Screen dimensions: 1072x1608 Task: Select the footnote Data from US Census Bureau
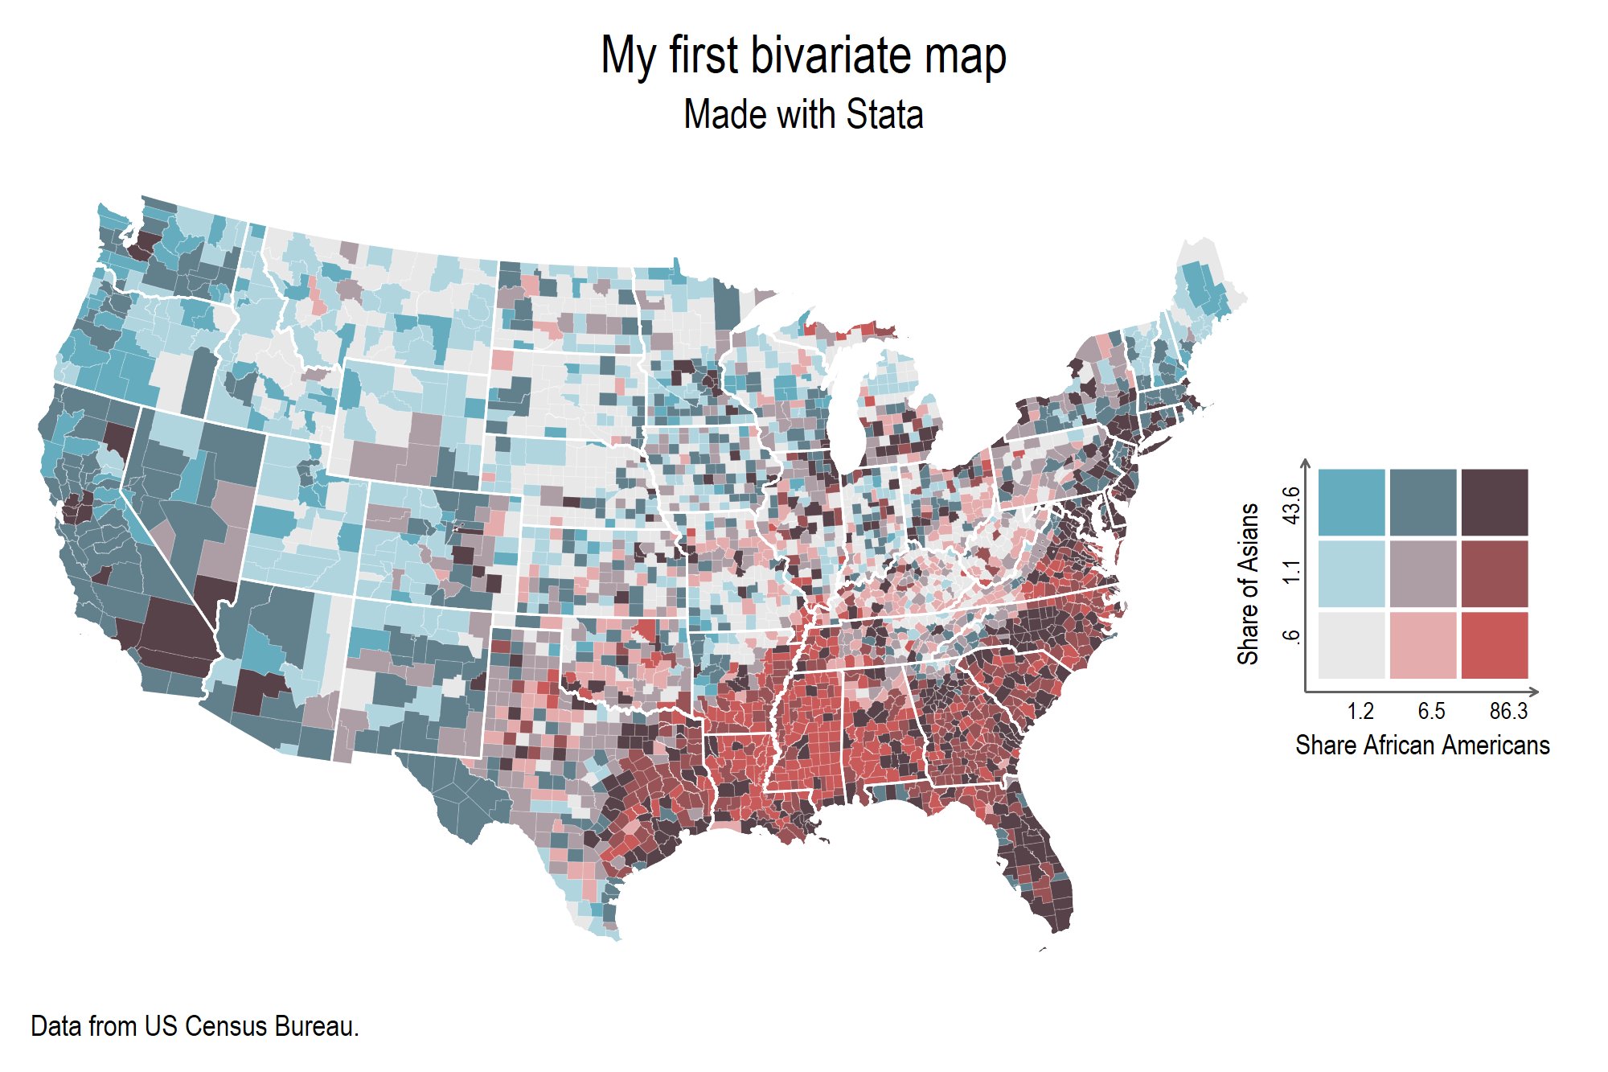point(195,1026)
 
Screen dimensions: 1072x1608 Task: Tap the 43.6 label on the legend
point(1291,505)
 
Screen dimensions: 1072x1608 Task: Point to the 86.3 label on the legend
point(1508,711)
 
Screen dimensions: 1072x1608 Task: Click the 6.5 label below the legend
point(1431,711)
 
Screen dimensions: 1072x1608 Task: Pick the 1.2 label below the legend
point(1360,711)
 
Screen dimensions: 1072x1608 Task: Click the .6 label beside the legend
point(1291,636)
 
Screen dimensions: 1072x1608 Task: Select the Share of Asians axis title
point(1248,584)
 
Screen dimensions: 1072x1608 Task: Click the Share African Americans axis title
point(1422,745)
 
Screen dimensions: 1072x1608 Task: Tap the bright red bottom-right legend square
point(1494,645)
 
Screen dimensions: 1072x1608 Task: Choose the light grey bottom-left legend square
point(1352,645)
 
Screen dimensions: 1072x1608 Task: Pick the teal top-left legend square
point(1352,503)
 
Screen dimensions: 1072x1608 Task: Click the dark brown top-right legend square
point(1494,503)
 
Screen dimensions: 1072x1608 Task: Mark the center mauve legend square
point(1422,573)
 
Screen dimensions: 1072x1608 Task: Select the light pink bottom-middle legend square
point(1422,645)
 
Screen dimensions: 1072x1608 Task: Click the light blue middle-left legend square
point(1352,573)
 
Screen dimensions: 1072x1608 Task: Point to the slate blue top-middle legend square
point(1422,503)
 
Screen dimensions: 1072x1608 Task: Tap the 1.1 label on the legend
point(1291,573)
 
